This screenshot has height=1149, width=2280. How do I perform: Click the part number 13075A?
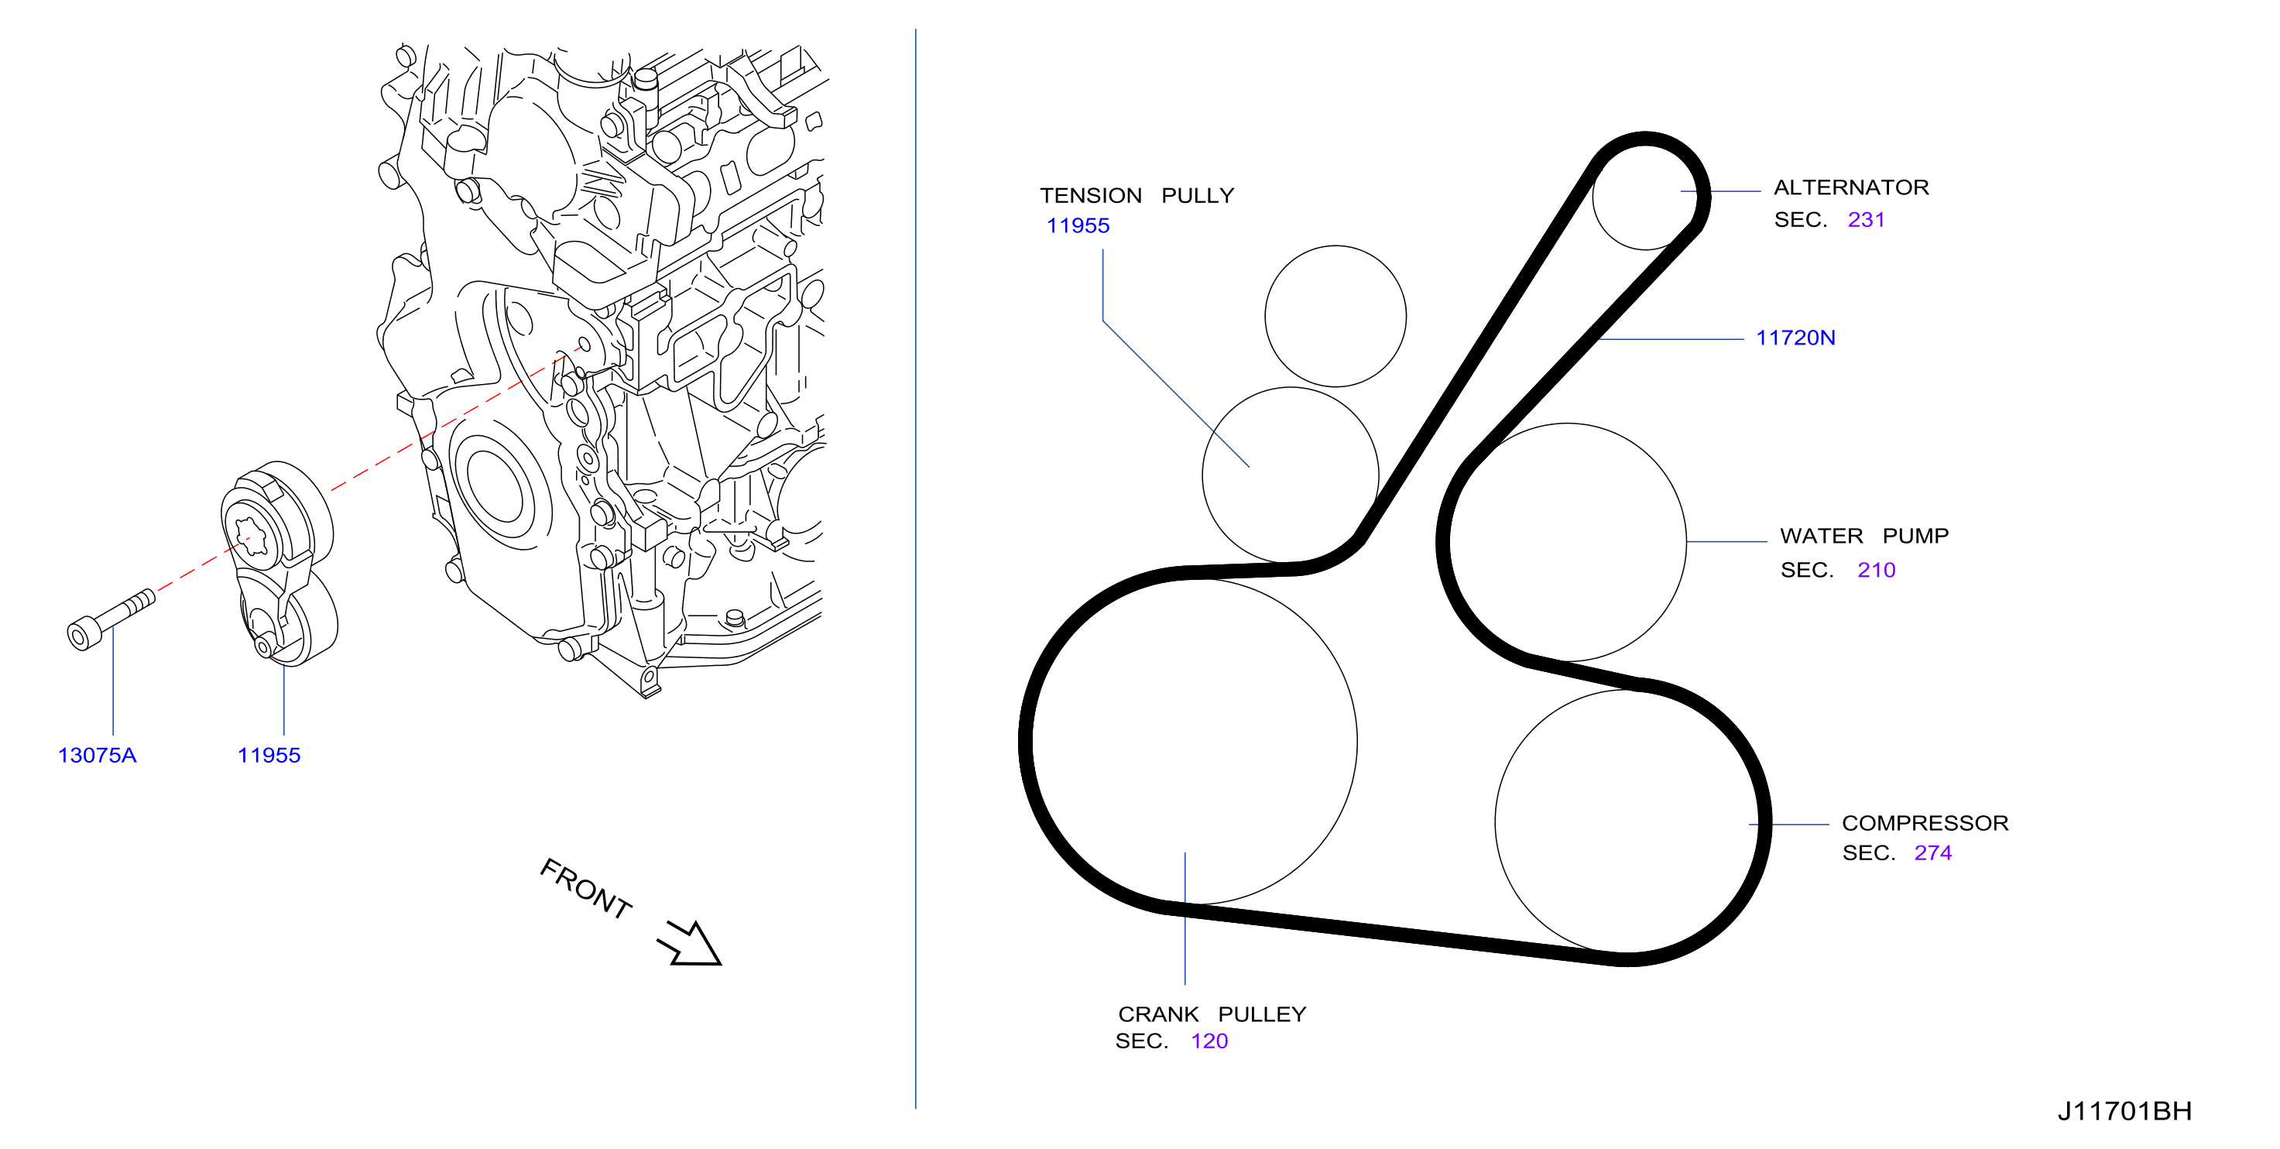pyautogui.click(x=98, y=756)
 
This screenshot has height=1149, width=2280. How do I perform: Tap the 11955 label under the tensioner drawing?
pyautogui.click(x=269, y=756)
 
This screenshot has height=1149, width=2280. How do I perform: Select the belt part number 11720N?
pyautogui.click(x=1795, y=338)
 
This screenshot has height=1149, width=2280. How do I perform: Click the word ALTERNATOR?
pyautogui.click(x=1851, y=187)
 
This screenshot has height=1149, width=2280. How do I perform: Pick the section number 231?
pyautogui.click(x=1866, y=220)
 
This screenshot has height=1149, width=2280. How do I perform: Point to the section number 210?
pyautogui.click(x=1876, y=570)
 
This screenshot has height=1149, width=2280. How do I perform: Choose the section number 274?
pyautogui.click(x=1932, y=852)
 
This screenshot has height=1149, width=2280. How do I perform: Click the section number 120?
pyautogui.click(x=1209, y=1041)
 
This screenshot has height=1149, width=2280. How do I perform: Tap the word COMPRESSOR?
pyautogui.click(x=1925, y=823)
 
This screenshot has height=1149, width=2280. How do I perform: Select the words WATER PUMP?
pyautogui.click(x=1864, y=537)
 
